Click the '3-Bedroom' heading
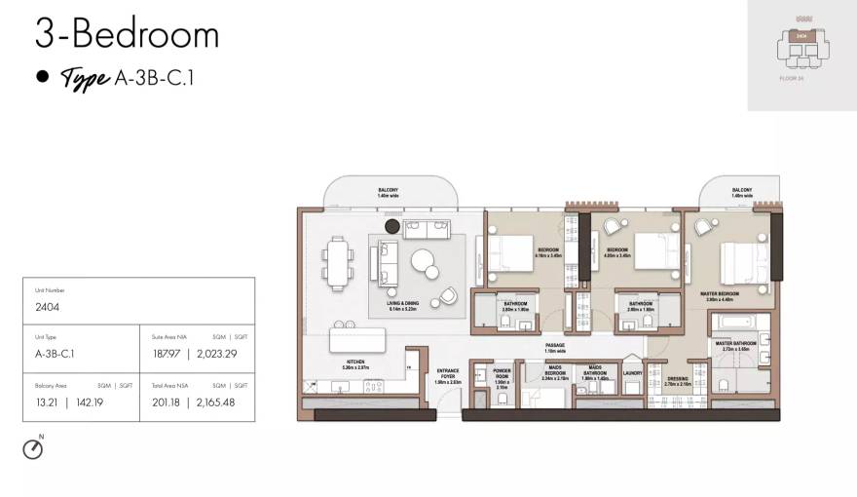click(127, 35)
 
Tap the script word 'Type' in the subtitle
click(84, 79)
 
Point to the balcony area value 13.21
click(47, 401)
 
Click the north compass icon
click(33, 448)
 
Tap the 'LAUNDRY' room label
click(631, 372)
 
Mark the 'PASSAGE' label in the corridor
click(555, 345)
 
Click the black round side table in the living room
click(392, 226)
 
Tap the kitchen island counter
click(357, 340)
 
